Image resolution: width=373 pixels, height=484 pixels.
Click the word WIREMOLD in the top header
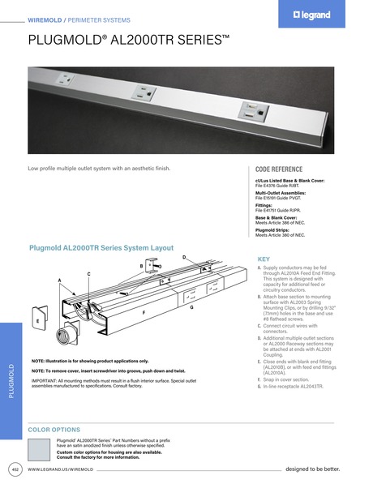click(48, 18)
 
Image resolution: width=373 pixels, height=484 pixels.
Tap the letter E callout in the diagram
click(37, 322)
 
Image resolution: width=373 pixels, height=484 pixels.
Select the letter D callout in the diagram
click(184, 257)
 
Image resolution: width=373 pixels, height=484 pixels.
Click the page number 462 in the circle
click(15, 469)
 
